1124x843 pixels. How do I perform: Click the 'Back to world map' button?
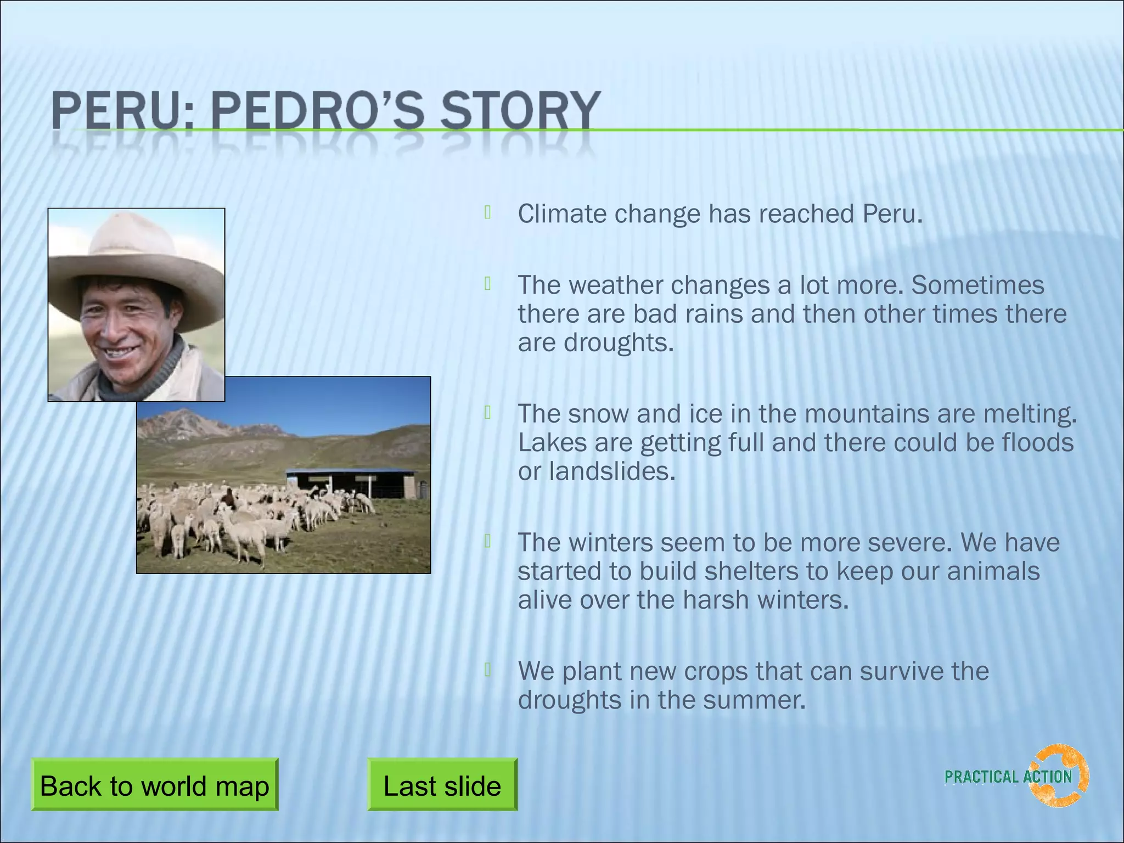coord(154,785)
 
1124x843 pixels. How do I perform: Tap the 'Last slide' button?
coord(442,785)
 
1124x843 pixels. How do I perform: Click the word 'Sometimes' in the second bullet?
coord(977,285)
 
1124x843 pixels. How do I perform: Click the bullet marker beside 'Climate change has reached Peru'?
coord(487,212)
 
